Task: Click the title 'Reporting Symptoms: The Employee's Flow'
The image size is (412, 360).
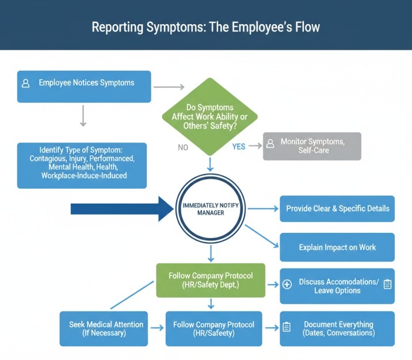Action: pyautogui.click(x=206, y=27)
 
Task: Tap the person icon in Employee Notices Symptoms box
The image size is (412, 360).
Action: pyautogui.click(x=26, y=83)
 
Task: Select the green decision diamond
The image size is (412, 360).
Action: pyautogui.click(x=210, y=115)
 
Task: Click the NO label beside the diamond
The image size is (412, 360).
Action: pyautogui.click(x=183, y=147)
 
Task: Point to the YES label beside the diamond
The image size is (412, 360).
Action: pyautogui.click(x=239, y=147)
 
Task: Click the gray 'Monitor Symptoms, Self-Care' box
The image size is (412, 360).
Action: pyautogui.click(x=312, y=146)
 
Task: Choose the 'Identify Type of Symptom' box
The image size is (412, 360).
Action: pyautogui.click(x=82, y=165)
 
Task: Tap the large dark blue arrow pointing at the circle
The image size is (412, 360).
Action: pyautogui.click(x=121, y=209)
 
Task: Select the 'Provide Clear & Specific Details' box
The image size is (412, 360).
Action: pyautogui.click(x=337, y=208)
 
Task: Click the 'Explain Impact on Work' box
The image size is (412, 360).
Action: pyautogui.click(x=337, y=247)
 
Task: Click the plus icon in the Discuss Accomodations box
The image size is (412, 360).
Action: pyautogui.click(x=288, y=284)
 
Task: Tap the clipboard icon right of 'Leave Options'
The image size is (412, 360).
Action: pyautogui.click(x=387, y=284)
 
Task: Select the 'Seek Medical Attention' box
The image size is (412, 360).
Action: pyautogui.click(x=104, y=328)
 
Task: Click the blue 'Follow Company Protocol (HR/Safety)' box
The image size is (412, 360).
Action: pyautogui.click(x=214, y=328)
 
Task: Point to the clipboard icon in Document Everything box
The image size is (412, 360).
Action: pyautogui.click(x=287, y=328)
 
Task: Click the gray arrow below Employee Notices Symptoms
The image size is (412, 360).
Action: pyautogui.click(x=83, y=115)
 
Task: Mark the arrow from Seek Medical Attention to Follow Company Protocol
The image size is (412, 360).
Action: pyautogui.click(x=157, y=328)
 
